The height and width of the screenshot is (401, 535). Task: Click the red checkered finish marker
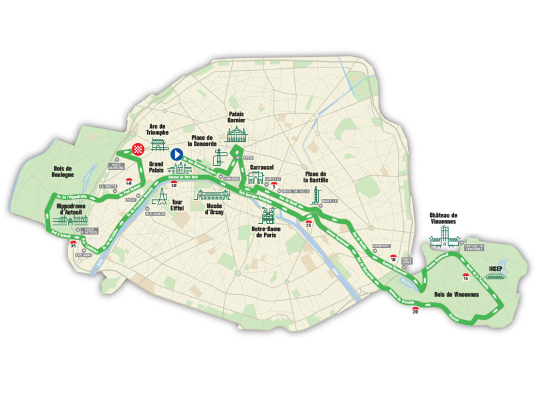[x=140, y=149]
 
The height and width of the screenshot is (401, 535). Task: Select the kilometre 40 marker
[x=128, y=181]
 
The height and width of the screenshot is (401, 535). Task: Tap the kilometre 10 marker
[x=393, y=257]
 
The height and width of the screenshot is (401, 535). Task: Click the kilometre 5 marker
[x=273, y=184]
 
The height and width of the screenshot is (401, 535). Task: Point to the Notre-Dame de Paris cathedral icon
[x=268, y=216]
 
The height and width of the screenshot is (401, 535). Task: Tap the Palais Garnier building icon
[x=238, y=136]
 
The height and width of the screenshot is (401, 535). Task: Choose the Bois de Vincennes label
[x=449, y=294]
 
